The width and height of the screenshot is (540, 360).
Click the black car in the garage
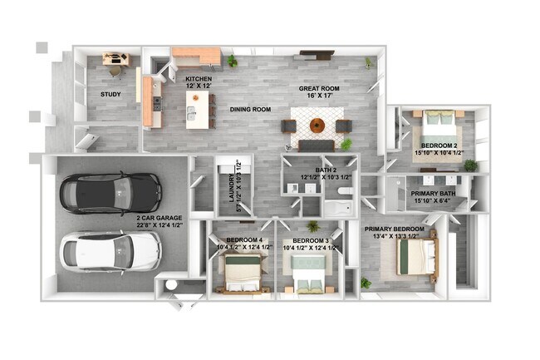pyautogui.click(x=110, y=193)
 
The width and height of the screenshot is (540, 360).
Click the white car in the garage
pyautogui.click(x=110, y=250)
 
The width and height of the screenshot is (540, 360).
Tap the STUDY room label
pyautogui.click(x=110, y=95)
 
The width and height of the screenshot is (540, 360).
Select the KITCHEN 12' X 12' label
pyautogui.click(x=199, y=84)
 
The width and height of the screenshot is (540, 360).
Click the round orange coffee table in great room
pyautogui.click(x=318, y=126)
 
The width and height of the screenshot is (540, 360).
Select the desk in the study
pyautogui.click(x=116, y=59)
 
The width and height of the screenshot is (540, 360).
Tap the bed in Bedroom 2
pyautogui.click(x=438, y=126)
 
